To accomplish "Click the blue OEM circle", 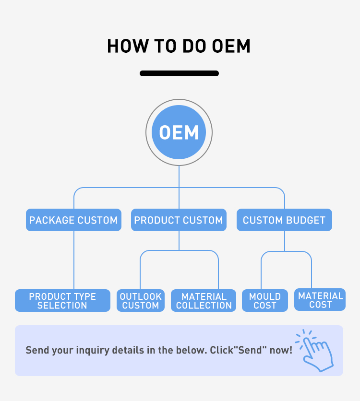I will pos(179,132).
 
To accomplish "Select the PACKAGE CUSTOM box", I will pos(73,220).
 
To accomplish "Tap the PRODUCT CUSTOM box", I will pos(179,220).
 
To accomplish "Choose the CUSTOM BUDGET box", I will pos(284,220).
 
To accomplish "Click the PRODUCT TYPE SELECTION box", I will pos(62,301).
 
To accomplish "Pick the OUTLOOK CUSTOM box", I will pos(141,301).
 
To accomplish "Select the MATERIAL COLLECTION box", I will pos(204,301).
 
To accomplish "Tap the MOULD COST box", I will pos(265,301).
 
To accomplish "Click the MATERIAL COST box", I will pos(320,300).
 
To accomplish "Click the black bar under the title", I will pos(179,73).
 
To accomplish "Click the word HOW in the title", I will pos(122,47).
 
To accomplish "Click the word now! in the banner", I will pos(281,350).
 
